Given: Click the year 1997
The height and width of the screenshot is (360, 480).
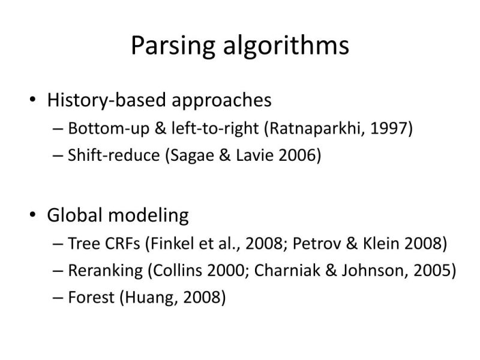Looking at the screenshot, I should pos(389,128).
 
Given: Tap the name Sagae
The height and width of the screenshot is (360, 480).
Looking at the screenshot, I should pos(192,155).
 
